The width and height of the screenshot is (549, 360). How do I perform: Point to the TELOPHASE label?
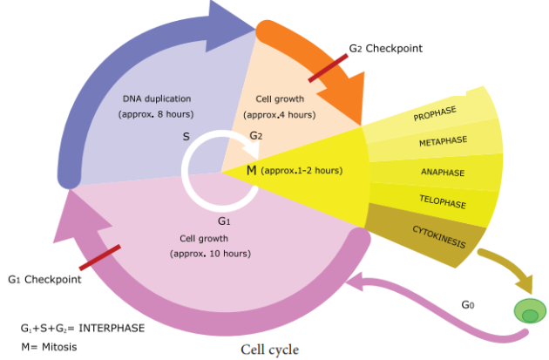(x=444, y=203)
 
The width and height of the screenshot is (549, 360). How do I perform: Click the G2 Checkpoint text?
(x=385, y=49)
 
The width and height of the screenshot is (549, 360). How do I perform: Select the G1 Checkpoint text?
(x=44, y=280)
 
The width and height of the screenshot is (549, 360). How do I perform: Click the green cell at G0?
(x=530, y=312)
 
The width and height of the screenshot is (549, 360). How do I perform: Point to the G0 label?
(x=468, y=305)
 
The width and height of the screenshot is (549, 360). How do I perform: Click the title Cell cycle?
(x=269, y=350)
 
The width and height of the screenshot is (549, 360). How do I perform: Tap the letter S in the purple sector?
(x=186, y=137)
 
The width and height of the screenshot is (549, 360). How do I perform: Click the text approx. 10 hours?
(x=210, y=254)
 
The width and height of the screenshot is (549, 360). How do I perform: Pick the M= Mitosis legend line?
(x=50, y=346)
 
